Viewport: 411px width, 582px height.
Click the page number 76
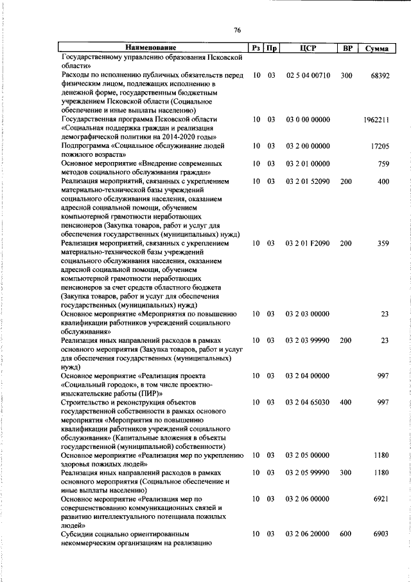(x=238, y=30)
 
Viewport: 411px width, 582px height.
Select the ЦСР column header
(x=308, y=48)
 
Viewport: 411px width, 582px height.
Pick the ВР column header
(x=347, y=48)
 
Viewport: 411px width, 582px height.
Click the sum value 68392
(x=380, y=75)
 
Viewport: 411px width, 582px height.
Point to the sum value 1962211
(x=376, y=120)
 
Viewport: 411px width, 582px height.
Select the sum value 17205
(x=380, y=146)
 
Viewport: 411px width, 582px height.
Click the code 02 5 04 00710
(x=308, y=75)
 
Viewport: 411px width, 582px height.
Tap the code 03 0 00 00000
(x=308, y=120)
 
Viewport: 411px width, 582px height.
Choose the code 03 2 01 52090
(x=308, y=182)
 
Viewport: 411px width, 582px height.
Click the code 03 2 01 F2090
(x=308, y=244)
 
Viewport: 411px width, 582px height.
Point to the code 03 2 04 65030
(x=308, y=402)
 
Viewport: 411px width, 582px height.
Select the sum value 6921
(x=381, y=498)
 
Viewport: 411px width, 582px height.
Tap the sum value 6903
(x=381, y=534)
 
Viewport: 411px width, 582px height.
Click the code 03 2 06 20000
(x=308, y=534)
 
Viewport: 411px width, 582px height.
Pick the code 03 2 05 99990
(x=308, y=473)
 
